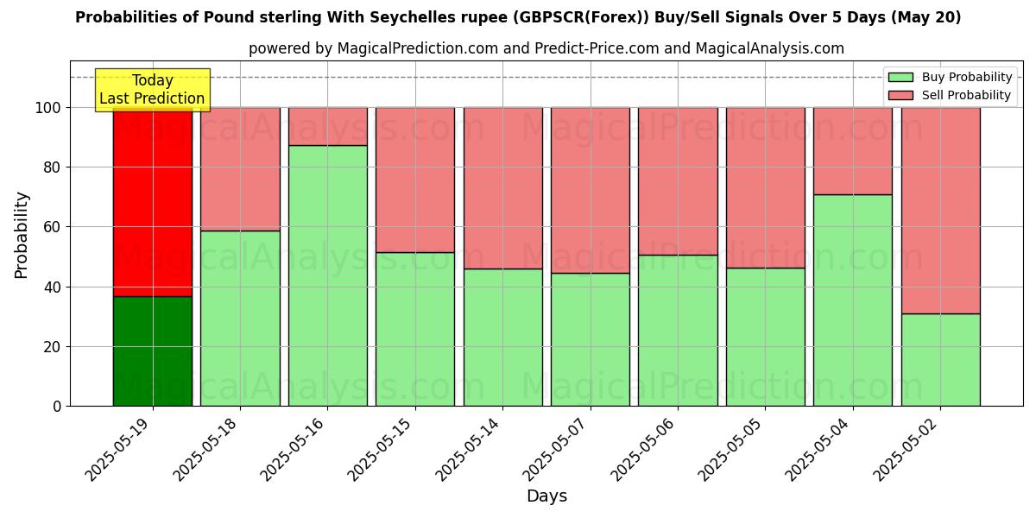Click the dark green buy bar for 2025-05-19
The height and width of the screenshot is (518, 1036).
(153, 351)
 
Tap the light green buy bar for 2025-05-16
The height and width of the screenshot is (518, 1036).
(327, 275)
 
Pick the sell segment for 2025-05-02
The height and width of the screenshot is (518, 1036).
(940, 211)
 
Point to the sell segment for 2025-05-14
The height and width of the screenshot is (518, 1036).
(502, 188)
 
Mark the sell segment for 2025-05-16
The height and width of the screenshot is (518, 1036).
(327, 126)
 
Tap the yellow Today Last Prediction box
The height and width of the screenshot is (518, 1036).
(152, 90)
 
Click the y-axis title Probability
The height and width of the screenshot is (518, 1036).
(22, 235)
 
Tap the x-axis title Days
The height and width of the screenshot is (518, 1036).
(546, 496)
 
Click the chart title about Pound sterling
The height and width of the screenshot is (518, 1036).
(518, 17)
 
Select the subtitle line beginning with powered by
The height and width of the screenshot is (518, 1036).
(546, 48)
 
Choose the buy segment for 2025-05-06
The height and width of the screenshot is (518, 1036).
(678, 331)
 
